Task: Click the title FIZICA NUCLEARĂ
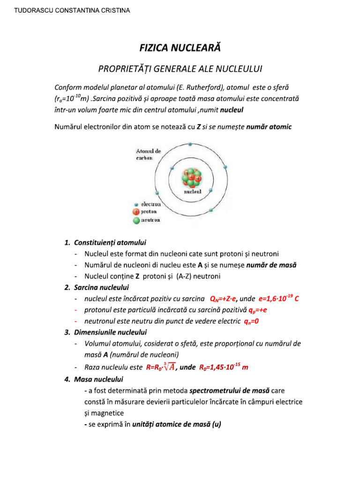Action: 180,47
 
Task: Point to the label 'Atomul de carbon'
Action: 148,155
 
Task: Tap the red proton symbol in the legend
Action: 136,212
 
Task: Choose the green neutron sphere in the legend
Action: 136,220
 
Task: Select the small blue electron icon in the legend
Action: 136,205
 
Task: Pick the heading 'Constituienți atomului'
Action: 110,243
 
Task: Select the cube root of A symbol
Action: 167,367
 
